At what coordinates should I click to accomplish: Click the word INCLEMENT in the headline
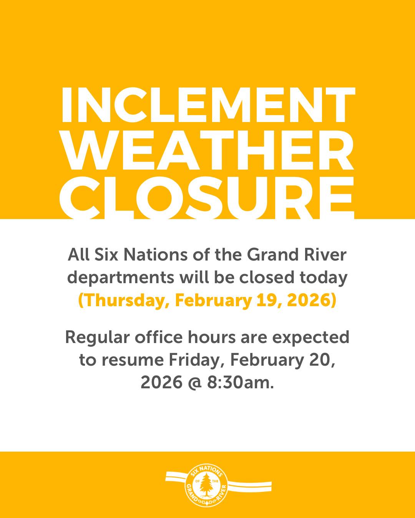(x=207, y=105)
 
